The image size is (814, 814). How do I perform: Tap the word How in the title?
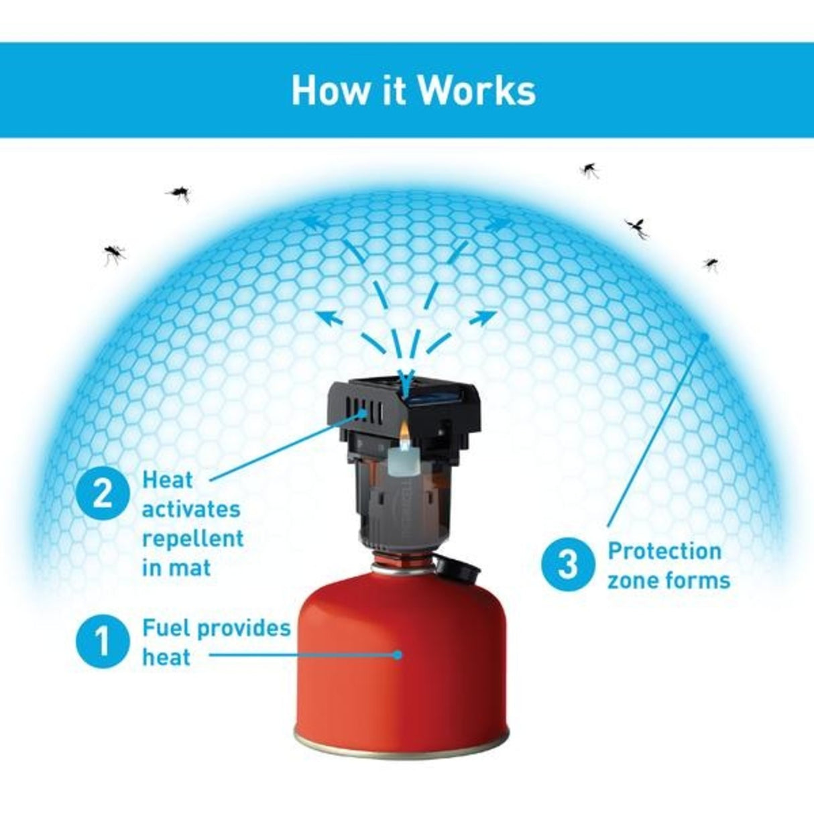point(321,91)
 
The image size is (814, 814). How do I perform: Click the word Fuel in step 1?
point(166,628)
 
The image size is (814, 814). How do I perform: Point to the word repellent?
point(193,538)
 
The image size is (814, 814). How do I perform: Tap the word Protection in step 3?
point(664,551)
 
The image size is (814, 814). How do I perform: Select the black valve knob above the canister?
point(460,571)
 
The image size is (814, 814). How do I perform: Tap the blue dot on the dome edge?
point(704,335)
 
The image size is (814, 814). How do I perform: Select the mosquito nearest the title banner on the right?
point(589,169)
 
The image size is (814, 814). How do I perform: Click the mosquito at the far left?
point(114,253)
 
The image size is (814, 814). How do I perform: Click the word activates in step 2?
point(191,509)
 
